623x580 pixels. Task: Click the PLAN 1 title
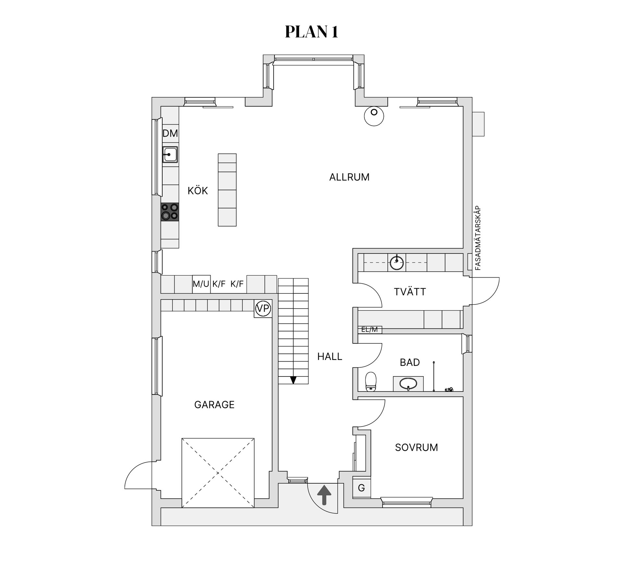pyautogui.click(x=311, y=32)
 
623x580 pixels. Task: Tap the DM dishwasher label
pyautogui.click(x=170, y=133)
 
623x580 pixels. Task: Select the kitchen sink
pyautogui.click(x=170, y=154)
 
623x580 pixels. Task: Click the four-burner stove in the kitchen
pyautogui.click(x=170, y=212)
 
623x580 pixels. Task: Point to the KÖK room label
pyautogui.click(x=198, y=191)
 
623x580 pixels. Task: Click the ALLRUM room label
pyautogui.click(x=349, y=177)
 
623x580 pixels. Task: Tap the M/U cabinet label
pyautogui.click(x=201, y=284)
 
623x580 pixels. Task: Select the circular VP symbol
pyautogui.click(x=263, y=308)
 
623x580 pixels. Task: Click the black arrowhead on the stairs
pyautogui.click(x=293, y=380)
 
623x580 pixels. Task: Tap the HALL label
pyautogui.click(x=330, y=357)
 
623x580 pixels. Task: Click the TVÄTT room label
pyautogui.click(x=410, y=292)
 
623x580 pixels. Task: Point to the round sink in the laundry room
pyautogui.click(x=397, y=262)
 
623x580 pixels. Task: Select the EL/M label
pyautogui.click(x=370, y=329)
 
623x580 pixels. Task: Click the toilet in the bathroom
pyautogui.click(x=371, y=381)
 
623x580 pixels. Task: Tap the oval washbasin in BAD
pyautogui.click(x=408, y=383)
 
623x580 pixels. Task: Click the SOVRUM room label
pyautogui.click(x=416, y=448)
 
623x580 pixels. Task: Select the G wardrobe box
pyautogui.click(x=361, y=487)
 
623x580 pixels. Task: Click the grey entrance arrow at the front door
pyautogui.click(x=324, y=495)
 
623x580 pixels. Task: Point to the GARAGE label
pyautogui.click(x=214, y=405)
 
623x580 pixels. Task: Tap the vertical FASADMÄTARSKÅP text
pyautogui.click(x=477, y=238)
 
